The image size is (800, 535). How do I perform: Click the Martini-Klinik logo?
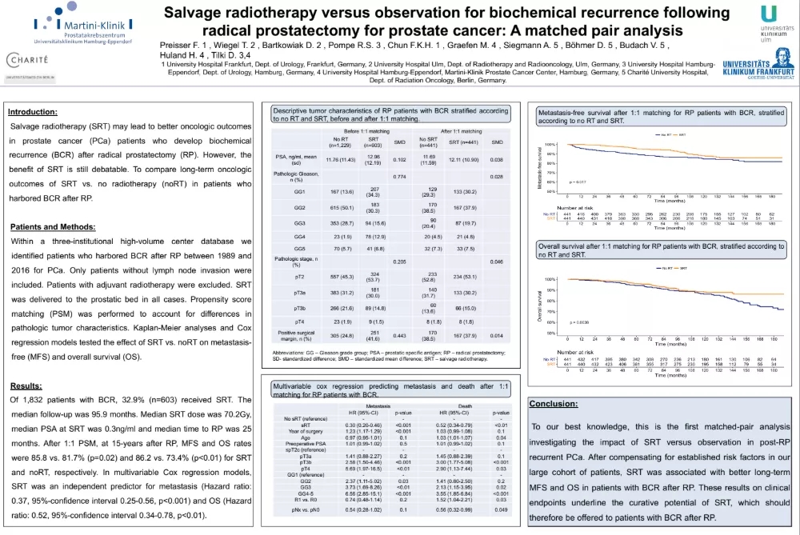65,21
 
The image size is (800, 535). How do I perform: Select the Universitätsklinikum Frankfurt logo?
758,70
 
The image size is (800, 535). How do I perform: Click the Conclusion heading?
554,404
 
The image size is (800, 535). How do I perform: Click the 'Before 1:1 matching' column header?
368,130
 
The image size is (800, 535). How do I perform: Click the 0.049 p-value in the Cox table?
498,509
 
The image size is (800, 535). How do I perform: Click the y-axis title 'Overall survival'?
540,305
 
